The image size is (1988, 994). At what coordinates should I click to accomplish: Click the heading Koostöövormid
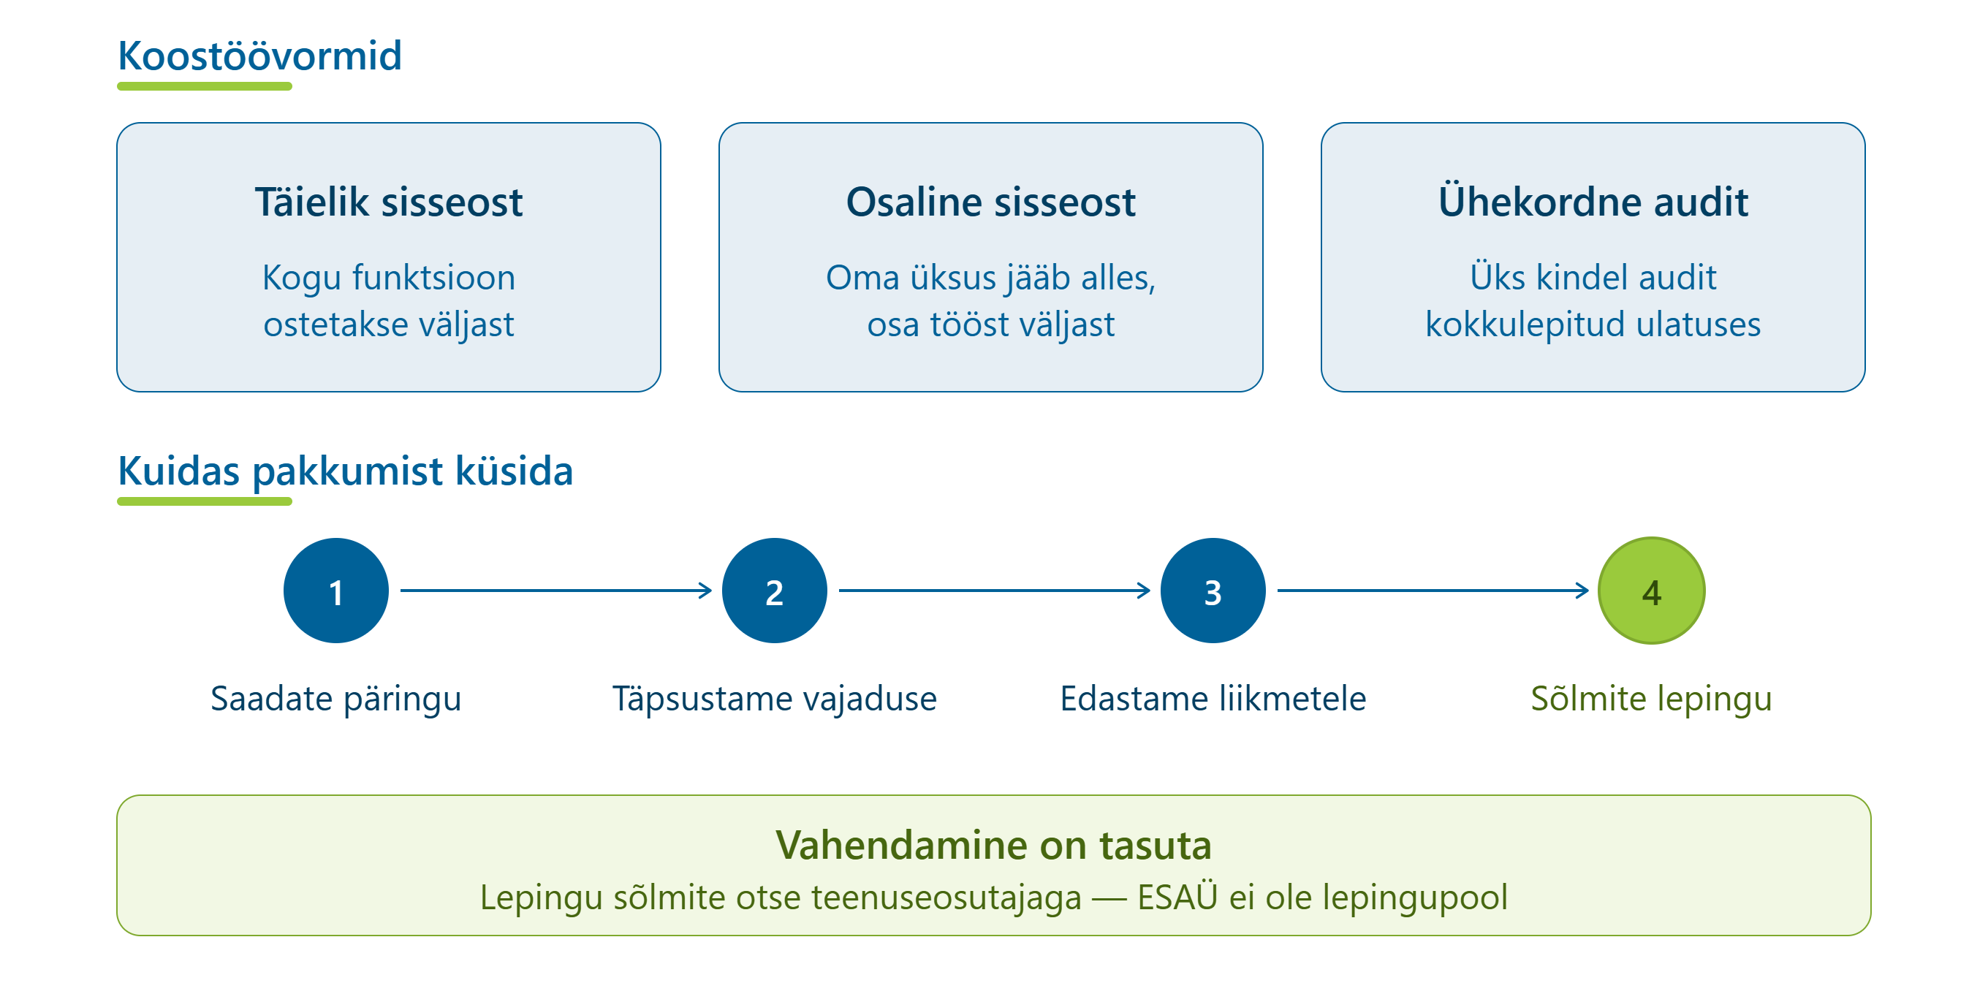coord(259,56)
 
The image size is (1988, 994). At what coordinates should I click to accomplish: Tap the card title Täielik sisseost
coord(389,202)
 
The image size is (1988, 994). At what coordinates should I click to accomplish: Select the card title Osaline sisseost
coord(991,202)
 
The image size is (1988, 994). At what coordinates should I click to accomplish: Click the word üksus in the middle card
coord(953,277)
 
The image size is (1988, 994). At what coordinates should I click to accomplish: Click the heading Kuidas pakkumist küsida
coord(345,471)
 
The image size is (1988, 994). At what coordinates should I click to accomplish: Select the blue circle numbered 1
coord(335,591)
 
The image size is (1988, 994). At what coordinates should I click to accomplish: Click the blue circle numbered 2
coord(774,591)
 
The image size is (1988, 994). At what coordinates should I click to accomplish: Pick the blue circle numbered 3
coord(1213,591)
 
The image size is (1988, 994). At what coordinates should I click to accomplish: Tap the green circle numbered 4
coord(1652,591)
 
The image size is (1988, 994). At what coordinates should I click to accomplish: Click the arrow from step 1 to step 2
coord(555,591)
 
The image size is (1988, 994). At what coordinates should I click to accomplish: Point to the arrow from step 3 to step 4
coord(1433,591)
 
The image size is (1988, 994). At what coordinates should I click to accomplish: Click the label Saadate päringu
coord(335,699)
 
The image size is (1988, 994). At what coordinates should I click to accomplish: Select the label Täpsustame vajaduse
coord(774,699)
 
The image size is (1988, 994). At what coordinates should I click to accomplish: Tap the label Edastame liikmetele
coord(1213,699)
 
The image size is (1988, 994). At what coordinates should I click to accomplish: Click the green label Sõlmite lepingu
coord(1652,699)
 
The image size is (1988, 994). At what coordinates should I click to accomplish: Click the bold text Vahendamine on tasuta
coord(994,845)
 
